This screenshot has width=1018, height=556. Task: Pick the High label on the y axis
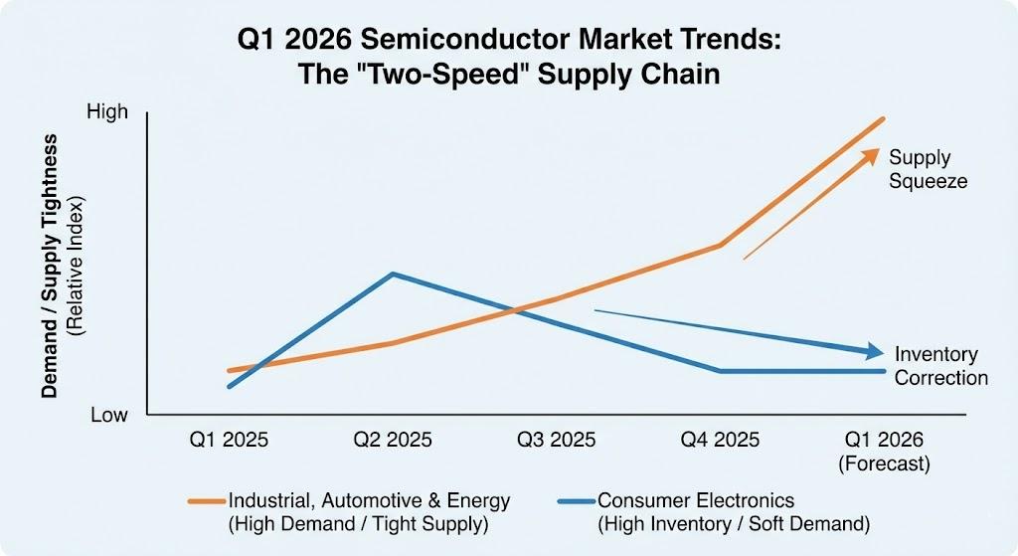click(x=107, y=111)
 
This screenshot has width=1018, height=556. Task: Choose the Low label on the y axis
click(x=109, y=415)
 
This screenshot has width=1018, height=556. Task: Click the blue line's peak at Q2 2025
click(x=392, y=274)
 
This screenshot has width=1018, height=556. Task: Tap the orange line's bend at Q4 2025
click(x=719, y=245)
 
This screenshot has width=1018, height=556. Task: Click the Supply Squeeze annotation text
click(x=928, y=169)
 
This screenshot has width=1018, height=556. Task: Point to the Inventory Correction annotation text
click(x=940, y=366)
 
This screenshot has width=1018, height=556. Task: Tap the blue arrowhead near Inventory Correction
click(x=875, y=351)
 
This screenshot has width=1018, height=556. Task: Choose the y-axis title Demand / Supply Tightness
click(x=49, y=266)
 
